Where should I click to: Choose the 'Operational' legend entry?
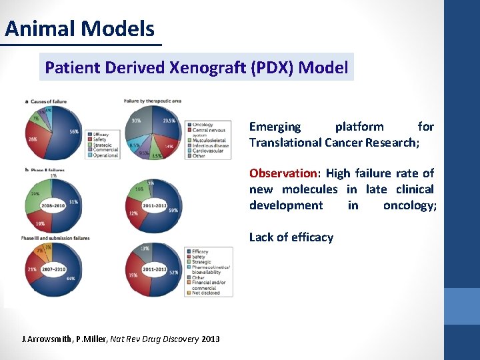(106, 155)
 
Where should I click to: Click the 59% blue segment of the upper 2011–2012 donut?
(173, 210)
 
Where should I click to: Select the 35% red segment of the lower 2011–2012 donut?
(134, 273)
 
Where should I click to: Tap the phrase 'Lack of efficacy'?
(291, 237)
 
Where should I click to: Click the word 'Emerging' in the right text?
(275, 127)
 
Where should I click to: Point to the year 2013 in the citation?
(210, 339)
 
